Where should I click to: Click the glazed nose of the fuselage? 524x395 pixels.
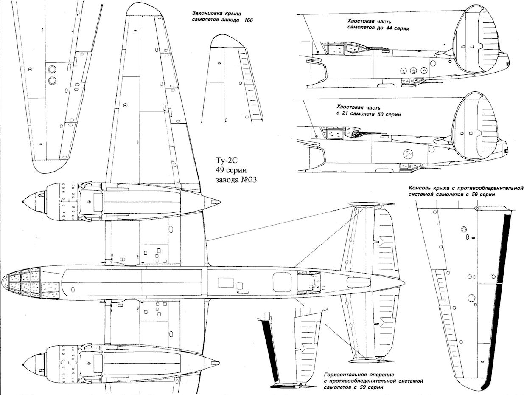coord(21,284)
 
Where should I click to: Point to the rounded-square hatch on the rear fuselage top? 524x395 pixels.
coord(282,281)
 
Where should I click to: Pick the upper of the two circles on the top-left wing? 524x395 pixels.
coord(53,69)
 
